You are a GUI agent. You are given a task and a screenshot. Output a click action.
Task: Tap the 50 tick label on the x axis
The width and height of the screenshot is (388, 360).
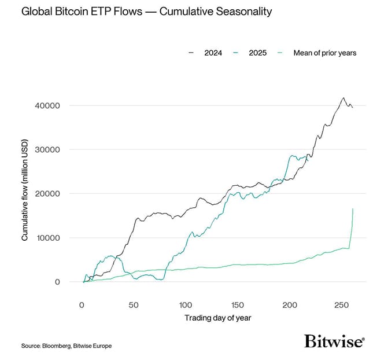tap(134, 304)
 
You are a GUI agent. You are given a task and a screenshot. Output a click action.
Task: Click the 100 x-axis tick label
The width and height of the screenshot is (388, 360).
tap(186, 304)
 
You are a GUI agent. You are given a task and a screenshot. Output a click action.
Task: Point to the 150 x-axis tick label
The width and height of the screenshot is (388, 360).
tap(238, 304)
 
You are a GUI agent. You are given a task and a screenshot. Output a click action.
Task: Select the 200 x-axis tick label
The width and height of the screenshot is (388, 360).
tap(290, 304)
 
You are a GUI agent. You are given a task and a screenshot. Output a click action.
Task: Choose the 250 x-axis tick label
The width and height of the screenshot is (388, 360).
tap(342, 304)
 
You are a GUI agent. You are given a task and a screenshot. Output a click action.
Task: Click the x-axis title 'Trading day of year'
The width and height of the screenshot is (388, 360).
tap(218, 318)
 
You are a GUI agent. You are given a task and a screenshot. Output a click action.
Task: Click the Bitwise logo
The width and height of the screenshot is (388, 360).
tap(334, 342)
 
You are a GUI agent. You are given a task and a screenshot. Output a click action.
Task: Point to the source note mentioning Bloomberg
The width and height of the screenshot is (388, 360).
tap(66, 346)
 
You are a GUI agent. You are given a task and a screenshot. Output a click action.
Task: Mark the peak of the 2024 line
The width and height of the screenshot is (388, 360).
tap(343, 98)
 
